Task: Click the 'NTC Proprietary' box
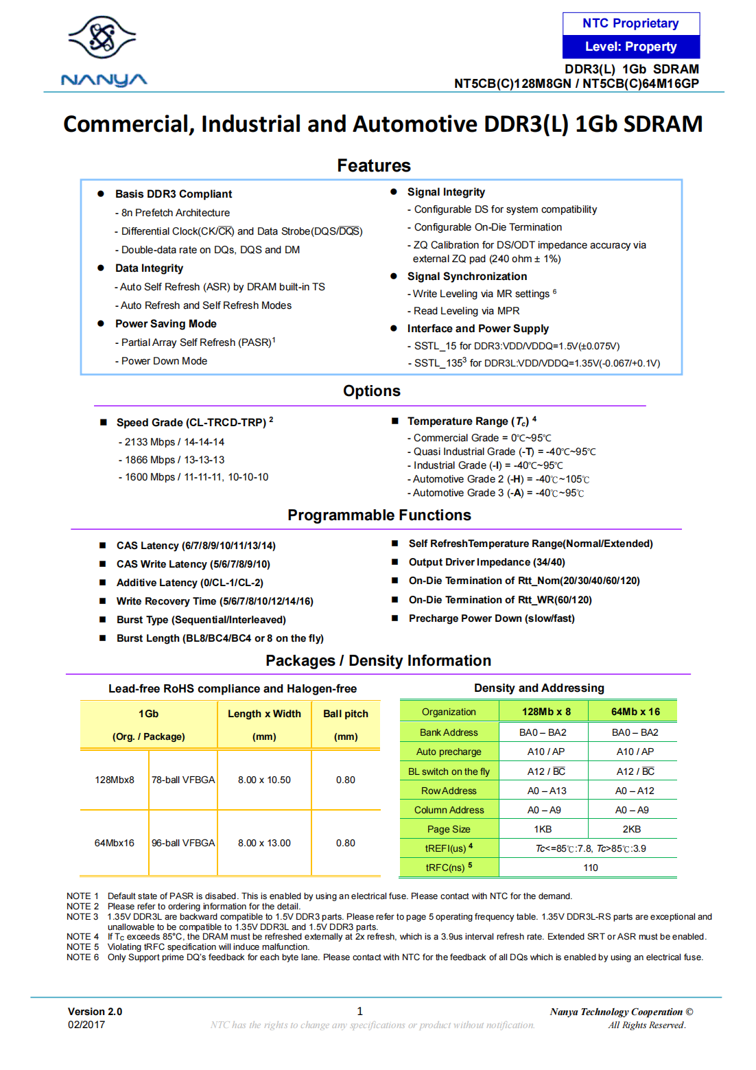[630, 23]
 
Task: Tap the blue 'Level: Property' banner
[630, 47]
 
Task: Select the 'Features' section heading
[373, 165]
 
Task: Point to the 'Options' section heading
[371, 391]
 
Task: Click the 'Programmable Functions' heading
[379, 515]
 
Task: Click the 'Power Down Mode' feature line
[164, 361]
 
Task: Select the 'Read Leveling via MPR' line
[466, 311]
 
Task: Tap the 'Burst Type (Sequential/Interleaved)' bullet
[200, 620]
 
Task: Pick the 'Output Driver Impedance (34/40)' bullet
[486, 562]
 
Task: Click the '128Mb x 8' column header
[546, 712]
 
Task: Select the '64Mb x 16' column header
[635, 712]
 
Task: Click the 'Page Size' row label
[449, 829]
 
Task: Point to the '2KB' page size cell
[632, 829]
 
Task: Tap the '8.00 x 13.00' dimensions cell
[264, 843]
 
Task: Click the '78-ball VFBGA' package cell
[183, 780]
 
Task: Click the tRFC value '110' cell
[590, 868]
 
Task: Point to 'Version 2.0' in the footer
[95, 1011]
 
